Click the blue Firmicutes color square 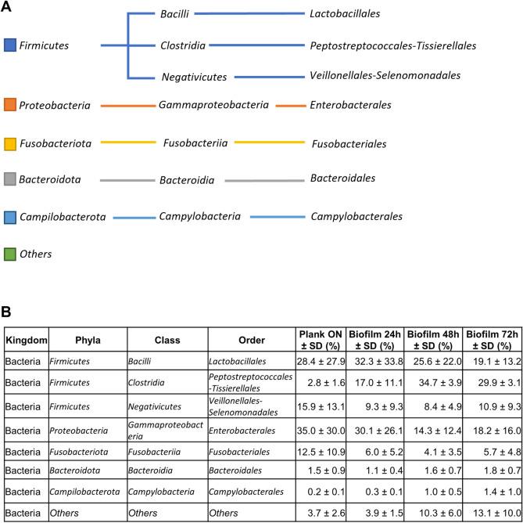click(x=9, y=45)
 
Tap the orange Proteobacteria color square click(x=9, y=104)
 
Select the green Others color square click(x=9, y=254)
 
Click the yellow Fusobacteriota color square click(x=9, y=143)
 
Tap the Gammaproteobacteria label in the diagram click(x=213, y=104)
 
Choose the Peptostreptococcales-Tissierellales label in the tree click(x=392, y=45)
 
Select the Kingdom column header click(x=27, y=341)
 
